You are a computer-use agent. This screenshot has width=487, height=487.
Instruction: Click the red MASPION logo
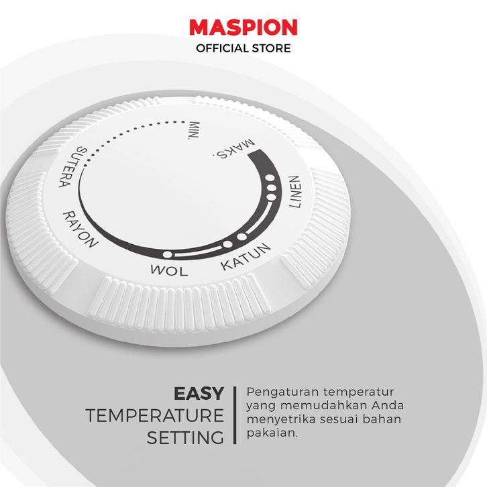(x=243, y=28)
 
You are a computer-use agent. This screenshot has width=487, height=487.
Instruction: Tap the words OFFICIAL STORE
(x=243, y=48)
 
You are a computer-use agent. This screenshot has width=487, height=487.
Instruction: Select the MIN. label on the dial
(x=195, y=130)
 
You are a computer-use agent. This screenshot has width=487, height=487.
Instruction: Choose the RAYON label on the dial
(x=80, y=229)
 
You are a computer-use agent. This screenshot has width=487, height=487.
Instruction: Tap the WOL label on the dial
(x=169, y=270)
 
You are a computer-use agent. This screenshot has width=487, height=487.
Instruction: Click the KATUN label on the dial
(x=246, y=256)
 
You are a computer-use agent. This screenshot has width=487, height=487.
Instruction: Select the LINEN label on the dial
(x=295, y=192)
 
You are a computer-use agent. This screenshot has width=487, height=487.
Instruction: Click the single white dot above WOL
(x=168, y=255)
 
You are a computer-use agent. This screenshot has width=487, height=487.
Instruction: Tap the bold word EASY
(x=199, y=394)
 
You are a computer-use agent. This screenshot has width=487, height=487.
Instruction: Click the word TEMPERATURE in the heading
(x=155, y=416)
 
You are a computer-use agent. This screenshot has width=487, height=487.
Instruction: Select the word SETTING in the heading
(x=185, y=438)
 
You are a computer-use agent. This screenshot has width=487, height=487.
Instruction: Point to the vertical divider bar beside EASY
(x=235, y=415)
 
